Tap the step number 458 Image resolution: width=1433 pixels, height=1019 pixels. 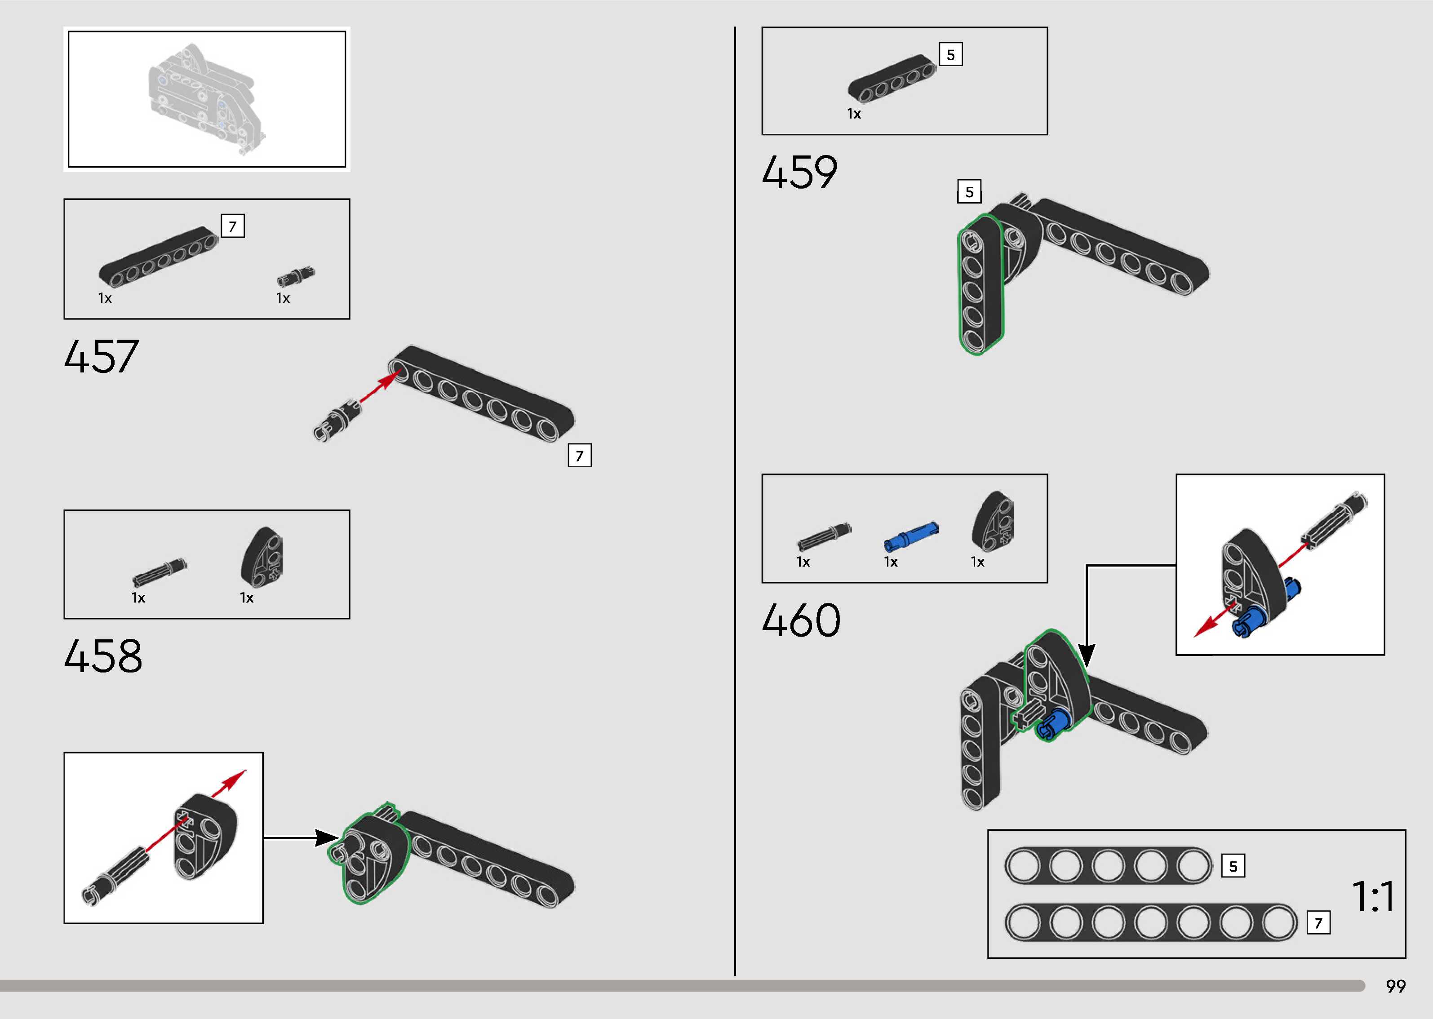point(103,656)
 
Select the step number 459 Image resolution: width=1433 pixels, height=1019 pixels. point(799,173)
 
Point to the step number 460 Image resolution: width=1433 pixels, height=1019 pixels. point(801,620)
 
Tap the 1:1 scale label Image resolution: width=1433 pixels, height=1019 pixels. point(1373,897)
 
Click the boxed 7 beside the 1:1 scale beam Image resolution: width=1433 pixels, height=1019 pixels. point(1318,923)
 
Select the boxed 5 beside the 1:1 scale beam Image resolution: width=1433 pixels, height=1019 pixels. point(1233,867)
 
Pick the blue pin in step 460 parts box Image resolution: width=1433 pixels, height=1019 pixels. point(910,536)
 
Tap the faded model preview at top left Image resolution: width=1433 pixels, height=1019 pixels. point(207,99)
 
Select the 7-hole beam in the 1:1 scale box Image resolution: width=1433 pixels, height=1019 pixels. point(1151,923)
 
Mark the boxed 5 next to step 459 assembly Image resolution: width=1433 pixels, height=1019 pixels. point(969,191)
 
